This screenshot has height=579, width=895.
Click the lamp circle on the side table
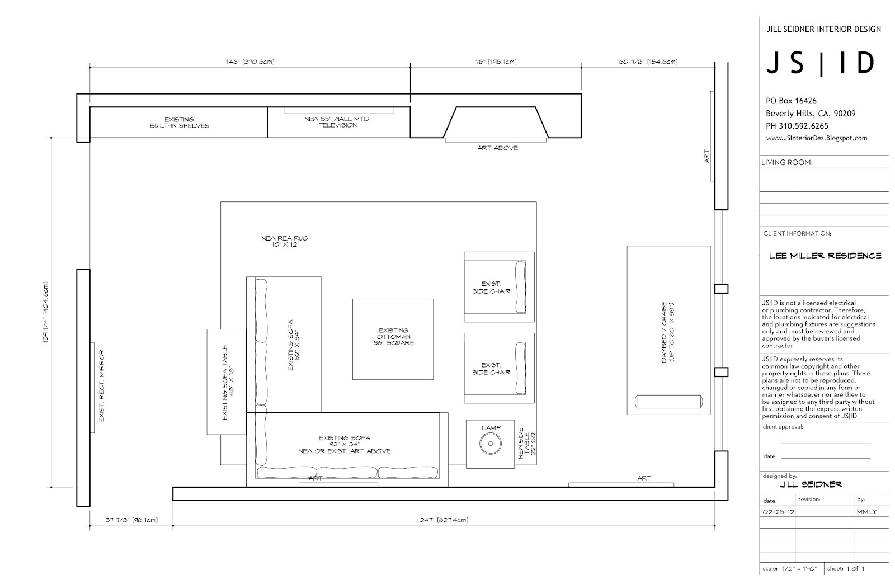[490, 444]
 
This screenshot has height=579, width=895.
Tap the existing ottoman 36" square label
[394, 336]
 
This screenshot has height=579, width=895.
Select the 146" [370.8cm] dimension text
[250, 62]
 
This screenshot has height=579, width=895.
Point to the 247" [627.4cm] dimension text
[444, 520]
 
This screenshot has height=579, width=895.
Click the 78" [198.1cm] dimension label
[496, 62]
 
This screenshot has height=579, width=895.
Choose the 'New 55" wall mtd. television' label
[338, 122]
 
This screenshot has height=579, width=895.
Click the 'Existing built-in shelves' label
[180, 123]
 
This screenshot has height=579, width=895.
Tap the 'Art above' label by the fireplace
[497, 148]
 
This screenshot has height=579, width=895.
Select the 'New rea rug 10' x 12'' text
[285, 241]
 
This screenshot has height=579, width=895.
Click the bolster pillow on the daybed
[669, 402]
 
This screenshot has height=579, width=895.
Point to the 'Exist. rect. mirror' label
[101, 385]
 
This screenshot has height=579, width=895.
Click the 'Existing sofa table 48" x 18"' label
[228, 383]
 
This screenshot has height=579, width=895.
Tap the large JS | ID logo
[821, 63]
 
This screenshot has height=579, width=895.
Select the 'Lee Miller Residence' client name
[826, 256]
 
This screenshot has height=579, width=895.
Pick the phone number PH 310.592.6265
[797, 126]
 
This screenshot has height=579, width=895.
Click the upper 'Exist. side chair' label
[491, 288]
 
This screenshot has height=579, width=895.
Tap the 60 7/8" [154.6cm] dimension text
[648, 62]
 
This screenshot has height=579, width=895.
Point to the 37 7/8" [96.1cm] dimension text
[131, 520]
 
